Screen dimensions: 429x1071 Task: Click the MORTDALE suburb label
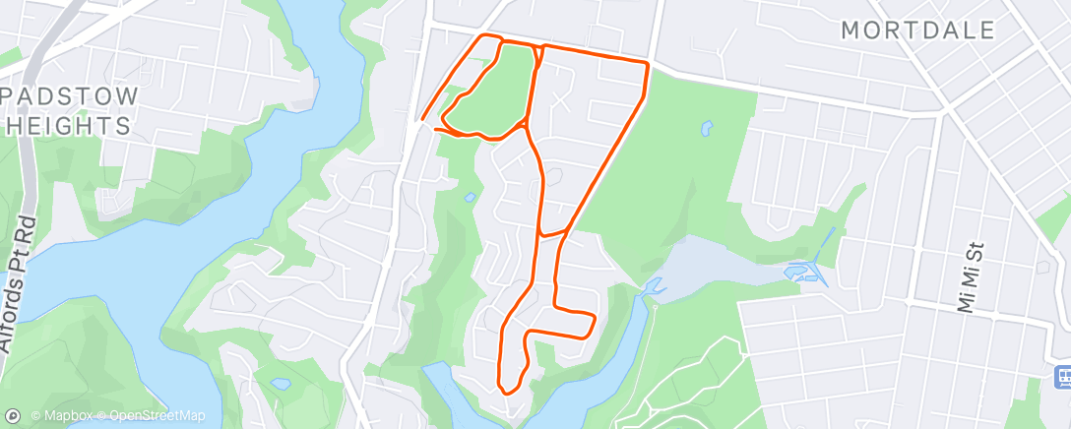pos(918,31)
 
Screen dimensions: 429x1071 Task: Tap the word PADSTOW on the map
pos(71,97)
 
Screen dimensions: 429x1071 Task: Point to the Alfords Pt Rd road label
pos(20,285)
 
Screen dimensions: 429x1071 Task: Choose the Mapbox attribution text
pos(65,416)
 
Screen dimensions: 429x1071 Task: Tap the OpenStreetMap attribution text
pos(157,416)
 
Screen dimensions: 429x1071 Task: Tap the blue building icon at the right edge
pos(1062,376)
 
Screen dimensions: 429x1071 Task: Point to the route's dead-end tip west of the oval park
pos(422,120)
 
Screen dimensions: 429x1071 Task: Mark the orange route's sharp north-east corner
pos(646,65)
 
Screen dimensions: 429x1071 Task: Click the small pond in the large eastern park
pos(706,128)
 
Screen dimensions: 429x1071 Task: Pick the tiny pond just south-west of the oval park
pos(470,198)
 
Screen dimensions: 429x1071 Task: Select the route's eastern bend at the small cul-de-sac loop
pos(594,319)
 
